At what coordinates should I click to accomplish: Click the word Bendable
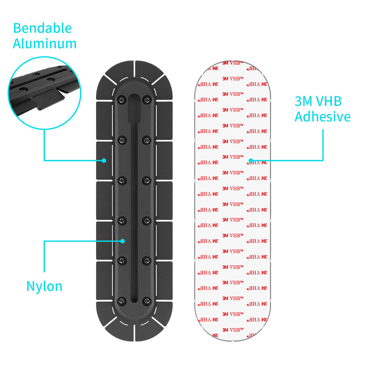(42, 28)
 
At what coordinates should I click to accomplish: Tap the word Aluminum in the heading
(45, 44)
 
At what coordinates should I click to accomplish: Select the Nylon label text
(44, 286)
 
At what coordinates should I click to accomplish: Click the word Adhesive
(322, 117)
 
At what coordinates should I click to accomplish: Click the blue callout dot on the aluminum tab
(104, 160)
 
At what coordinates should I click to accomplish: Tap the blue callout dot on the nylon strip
(123, 241)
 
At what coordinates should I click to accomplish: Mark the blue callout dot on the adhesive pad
(251, 160)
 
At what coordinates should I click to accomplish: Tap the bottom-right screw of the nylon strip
(147, 300)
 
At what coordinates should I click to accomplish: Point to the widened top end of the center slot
(134, 104)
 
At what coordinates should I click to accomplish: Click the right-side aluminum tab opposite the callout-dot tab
(164, 160)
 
